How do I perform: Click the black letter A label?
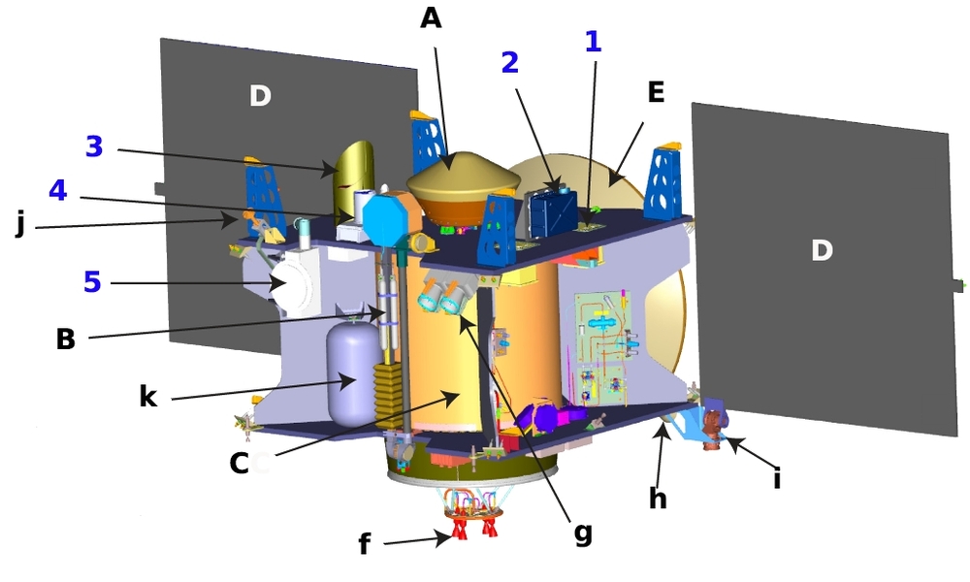click(x=432, y=17)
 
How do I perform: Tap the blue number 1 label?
click(x=593, y=42)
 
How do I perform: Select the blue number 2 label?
click(x=510, y=62)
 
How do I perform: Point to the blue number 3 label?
click(x=94, y=146)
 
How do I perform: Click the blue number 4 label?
click(x=57, y=190)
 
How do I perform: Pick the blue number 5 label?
click(x=92, y=282)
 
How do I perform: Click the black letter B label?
click(x=66, y=339)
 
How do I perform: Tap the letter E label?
click(x=656, y=92)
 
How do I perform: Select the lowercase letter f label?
click(x=365, y=543)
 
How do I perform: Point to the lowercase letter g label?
click(x=583, y=533)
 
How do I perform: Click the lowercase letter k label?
click(x=148, y=396)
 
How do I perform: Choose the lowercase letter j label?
click(x=20, y=223)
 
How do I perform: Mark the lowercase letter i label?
click(x=777, y=478)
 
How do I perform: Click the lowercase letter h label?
click(x=659, y=498)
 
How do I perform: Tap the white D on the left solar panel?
click(x=260, y=96)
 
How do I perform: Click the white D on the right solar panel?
click(x=822, y=250)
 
